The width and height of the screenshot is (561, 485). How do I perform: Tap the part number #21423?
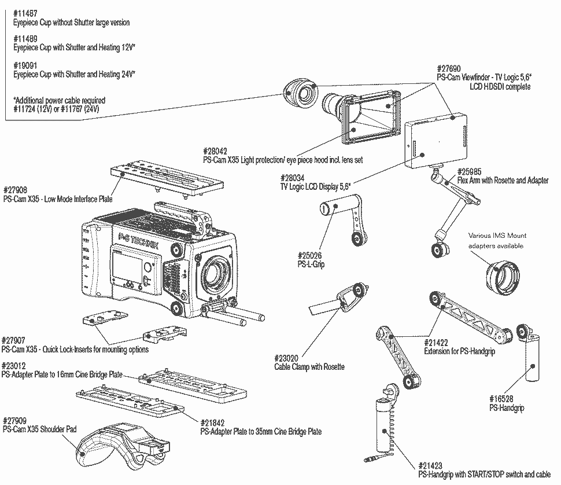coord(429,464)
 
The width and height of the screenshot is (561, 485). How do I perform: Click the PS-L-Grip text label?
coord(311,263)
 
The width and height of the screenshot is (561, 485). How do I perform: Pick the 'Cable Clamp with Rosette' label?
coord(309,367)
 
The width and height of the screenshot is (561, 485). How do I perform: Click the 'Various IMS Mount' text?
coord(497,236)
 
